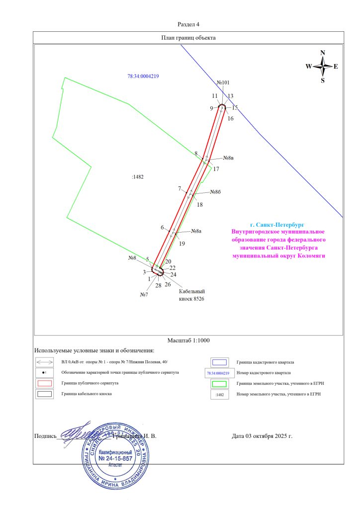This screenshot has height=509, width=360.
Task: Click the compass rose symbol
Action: pos(323,66)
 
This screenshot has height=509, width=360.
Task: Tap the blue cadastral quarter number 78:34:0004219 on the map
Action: pos(143,76)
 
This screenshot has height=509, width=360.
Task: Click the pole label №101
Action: pos(224,83)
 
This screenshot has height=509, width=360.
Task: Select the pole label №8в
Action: pos(228,158)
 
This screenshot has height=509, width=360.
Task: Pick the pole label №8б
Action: pos(215,192)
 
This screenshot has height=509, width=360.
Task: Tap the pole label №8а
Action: pos(196,232)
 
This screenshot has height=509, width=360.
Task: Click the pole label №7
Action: pos(145,295)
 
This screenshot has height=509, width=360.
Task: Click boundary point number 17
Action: pos(216,169)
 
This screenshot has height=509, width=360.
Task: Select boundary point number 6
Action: pos(162,227)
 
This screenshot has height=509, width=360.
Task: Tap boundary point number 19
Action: pos(182,244)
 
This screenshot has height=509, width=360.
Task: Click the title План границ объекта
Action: pos(188,37)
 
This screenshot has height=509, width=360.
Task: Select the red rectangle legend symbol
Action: pos(45,383)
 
